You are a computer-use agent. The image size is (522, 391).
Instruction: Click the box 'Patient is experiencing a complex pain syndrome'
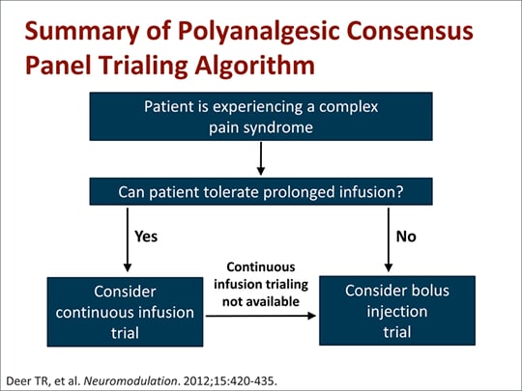pos(261,117)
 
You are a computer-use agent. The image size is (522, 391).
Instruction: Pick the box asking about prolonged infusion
pos(261,191)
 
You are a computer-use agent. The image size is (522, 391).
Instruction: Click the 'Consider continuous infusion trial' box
pos(125,311)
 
